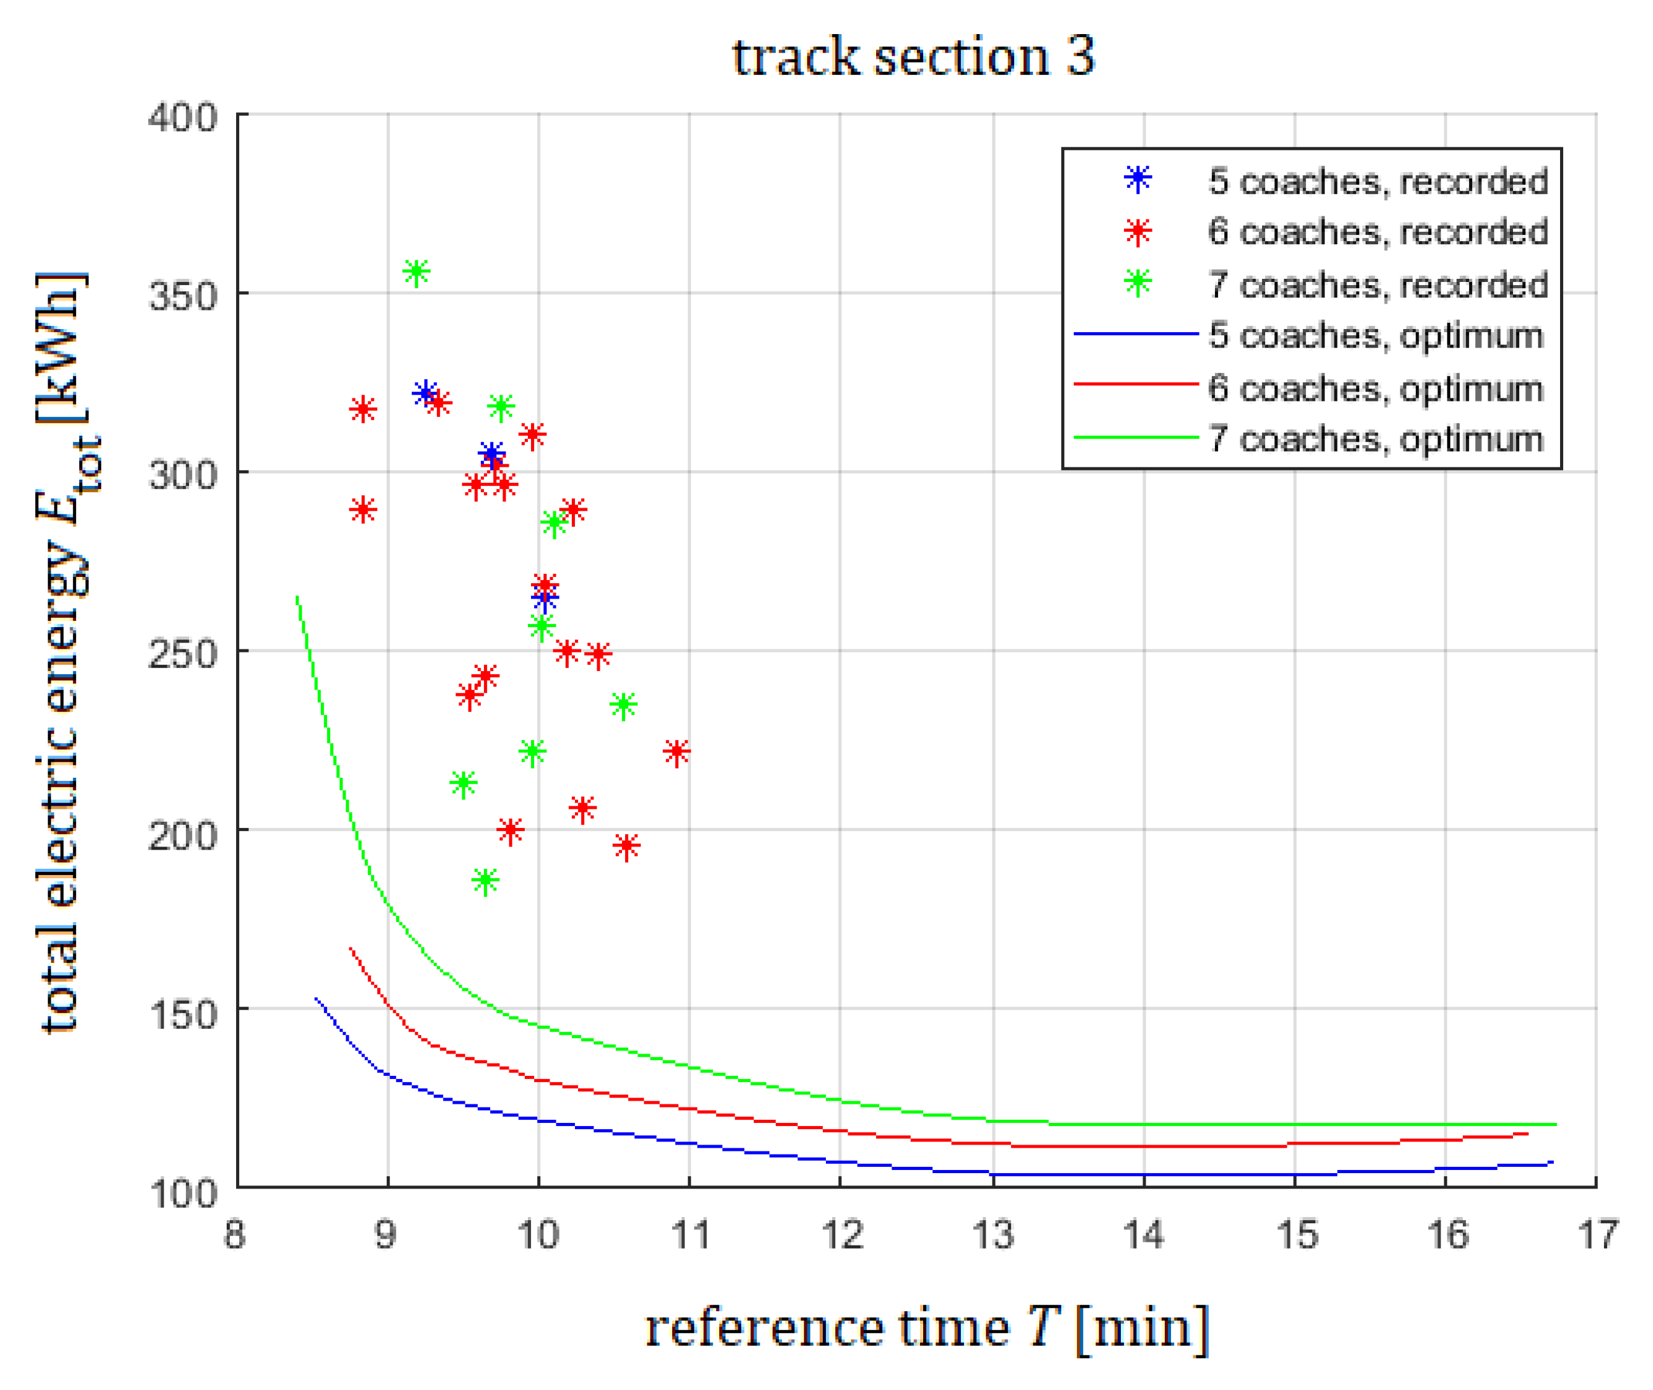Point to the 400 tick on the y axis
183,118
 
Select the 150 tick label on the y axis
183,1014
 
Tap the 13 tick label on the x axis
992,1235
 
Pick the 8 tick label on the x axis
234,1235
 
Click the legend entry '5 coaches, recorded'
1377,181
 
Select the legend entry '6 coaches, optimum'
1375,389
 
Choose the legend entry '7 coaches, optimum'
1375,439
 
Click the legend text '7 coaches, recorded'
1377,284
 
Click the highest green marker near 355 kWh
416,273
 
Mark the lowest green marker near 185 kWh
485,880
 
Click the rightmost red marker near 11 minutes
676,752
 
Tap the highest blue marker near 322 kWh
426,392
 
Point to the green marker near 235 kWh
623,705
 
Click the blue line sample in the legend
1136,334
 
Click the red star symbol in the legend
1137,232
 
